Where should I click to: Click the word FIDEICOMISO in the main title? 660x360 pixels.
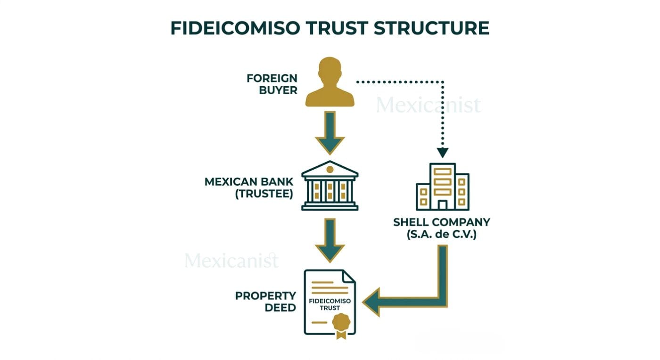[235, 28]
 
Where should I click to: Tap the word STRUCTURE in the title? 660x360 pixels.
[431, 28]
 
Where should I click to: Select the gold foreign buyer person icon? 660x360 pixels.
[330, 82]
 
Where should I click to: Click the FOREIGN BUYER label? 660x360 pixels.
[272, 84]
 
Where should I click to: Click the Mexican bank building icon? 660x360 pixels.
[330, 186]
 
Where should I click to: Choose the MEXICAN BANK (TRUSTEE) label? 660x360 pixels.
[249, 188]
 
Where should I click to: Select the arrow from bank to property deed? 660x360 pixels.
[330, 240]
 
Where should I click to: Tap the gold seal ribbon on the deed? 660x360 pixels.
[341, 325]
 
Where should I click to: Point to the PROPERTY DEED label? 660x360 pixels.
[265, 302]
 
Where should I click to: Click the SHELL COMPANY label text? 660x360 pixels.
[442, 222]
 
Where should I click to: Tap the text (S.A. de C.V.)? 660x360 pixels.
[442, 234]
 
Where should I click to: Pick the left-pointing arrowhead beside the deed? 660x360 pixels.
[372, 302]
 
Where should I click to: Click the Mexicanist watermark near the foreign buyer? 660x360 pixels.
[428, 105]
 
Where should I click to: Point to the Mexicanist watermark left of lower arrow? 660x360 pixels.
[231, 260]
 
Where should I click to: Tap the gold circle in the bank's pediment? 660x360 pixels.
[330, 169]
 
